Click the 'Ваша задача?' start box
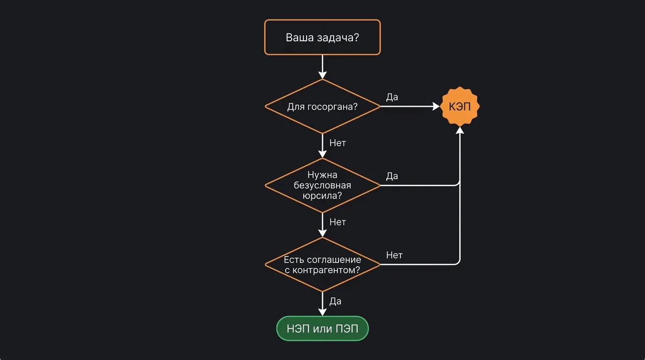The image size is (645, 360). pyautogui.click(x=322, y=37)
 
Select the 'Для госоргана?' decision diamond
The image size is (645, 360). pyautogui.click(x=322, y=106)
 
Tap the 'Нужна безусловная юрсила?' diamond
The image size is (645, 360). pyautogui.click(x=322, y=185)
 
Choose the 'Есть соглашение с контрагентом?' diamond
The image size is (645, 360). pyautogui.click(x=322, y=264)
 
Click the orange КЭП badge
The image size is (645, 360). pyautogui.click(x=460, y=106)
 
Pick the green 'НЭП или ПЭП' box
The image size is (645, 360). pyautogui.click(x=322, y=329)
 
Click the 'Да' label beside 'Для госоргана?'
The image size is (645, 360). pyautogui.click(x=392, y=97)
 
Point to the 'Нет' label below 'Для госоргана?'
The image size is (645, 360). pyautogui.click(x=337, y=143)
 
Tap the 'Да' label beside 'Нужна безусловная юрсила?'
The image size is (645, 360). pyautogui.click(x=392, y=176)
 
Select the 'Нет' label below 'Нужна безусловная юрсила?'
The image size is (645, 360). pyautogui.click(x=337, y=222)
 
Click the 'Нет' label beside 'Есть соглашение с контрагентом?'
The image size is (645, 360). pyautogui.click(x=394, y=255)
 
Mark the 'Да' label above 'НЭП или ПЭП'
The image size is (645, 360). pyautogui.click(x=335, y=301)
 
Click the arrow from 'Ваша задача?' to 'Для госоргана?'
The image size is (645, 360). pyautogui.click(x=322, y=66)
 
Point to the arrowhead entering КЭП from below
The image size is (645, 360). pyautogui.click(x=460, y=131)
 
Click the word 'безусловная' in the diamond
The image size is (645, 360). pyautogui.click(x=322, y=185)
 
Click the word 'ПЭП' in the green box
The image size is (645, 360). pyautogui.click(x=347, y=329)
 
